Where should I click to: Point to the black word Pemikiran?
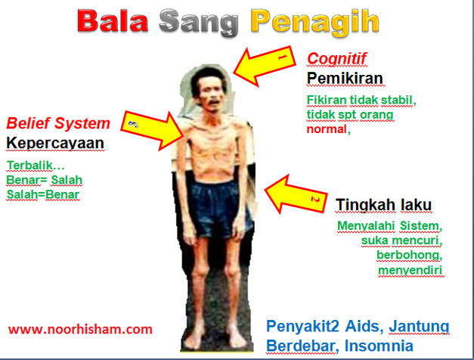[x=345, y=78]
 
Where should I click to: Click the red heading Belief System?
[x=58, y=123]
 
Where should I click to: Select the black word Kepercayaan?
[x=55, y=143]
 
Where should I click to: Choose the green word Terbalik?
[x=36, y=166]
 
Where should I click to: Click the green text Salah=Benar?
[x=43, y=194]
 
